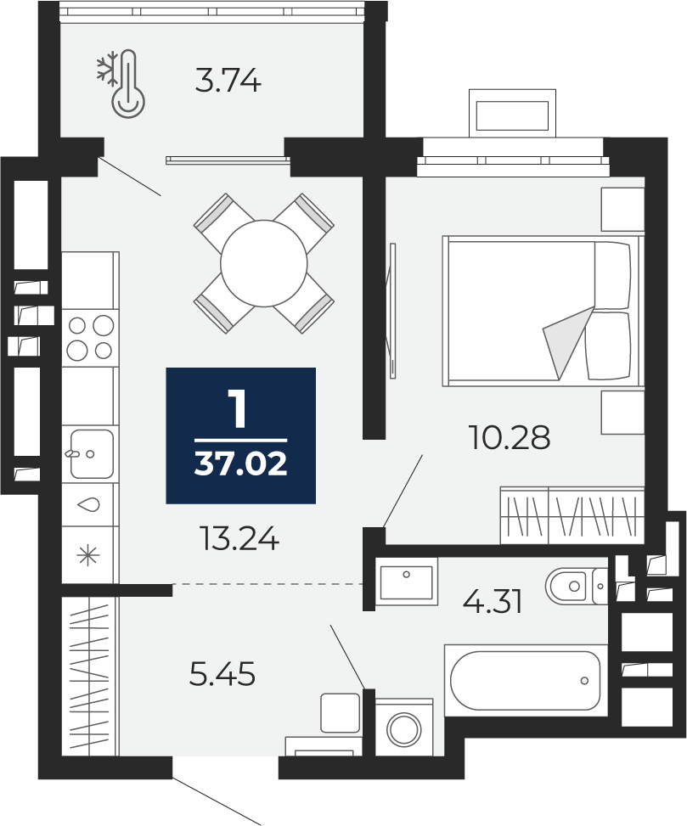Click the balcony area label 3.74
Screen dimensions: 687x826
click(x=228, y=81)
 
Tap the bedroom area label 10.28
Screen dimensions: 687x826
click(x=509, y=437)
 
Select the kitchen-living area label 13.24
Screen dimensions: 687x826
click(x=239, y=538)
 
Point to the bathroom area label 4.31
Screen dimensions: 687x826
click(x=492, y=601)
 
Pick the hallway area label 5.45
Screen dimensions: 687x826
click(x=222, y=674)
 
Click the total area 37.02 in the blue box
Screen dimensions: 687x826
click(x=240, y=464)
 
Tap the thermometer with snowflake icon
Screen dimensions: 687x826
click(x=121, y=82)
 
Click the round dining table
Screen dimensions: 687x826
click(x=263, y=263)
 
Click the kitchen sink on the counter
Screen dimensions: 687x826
click(x=91, y=453)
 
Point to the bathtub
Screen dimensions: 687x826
click(x=526, y=680)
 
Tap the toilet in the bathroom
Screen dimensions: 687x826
click(x=577, y=586)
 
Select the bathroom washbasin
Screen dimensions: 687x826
click(x=406, y=582)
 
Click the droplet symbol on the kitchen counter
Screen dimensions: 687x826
click(x=88, y=504)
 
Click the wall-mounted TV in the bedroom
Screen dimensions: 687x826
click(x=391, y=310)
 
